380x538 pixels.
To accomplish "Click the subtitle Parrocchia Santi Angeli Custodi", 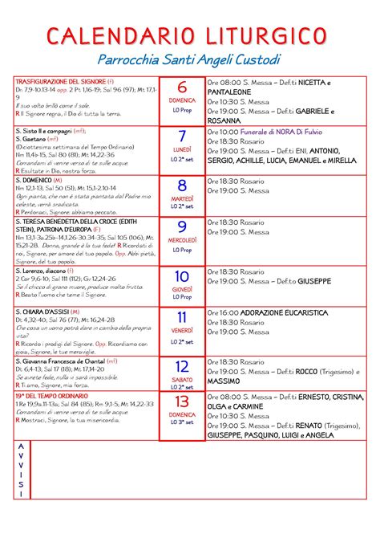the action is (x=189, y=60).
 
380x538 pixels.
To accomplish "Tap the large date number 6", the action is (x=182, y=88).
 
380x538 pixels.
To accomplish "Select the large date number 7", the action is (x=182, y=137).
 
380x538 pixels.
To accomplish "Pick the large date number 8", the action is (x=182, y=185).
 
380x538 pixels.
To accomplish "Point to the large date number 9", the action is (x=182, y=227).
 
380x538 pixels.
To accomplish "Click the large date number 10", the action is (x=182, y=276).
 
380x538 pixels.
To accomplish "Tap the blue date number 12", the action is (x=182, y=367).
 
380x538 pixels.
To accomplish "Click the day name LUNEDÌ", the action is (x=182, y=150).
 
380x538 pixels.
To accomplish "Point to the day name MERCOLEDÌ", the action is (x=182, y=240).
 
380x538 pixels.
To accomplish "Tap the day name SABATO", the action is (x=182, y=380).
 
